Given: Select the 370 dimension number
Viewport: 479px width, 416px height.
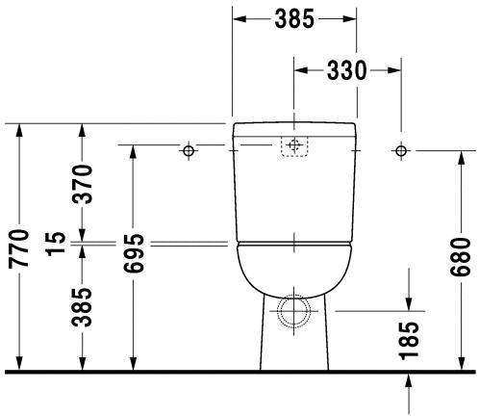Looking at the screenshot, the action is [82, 184].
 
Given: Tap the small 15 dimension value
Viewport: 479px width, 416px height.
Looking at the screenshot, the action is [56, 244].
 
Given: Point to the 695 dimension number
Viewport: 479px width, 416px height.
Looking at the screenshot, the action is [135, 253].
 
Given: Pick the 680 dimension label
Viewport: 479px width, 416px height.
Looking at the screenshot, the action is [461, 257].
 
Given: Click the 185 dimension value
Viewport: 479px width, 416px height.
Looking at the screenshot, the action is [409, 340].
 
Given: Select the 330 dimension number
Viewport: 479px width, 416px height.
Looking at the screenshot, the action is [346, 70].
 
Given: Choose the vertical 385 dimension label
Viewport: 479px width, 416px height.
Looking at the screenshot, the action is [82, 307].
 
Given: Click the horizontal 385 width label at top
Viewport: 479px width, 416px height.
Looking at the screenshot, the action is [294, 19].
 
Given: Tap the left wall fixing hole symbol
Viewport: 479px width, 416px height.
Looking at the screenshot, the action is [189, 150].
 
